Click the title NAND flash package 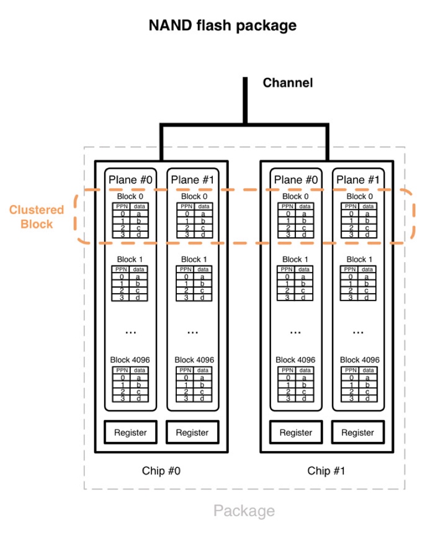point(222,25)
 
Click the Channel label point(288,83)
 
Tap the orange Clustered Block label point(37,217)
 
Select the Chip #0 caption point(161,471)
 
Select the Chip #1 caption point(326,471)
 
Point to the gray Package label point(244,511)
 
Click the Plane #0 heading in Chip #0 point(131,180)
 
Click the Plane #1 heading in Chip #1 point(359,180)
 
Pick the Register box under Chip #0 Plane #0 point(131,432)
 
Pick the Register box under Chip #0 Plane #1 point(193,432)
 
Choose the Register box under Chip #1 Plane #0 point(296,432)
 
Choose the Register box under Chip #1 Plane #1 point(358,432)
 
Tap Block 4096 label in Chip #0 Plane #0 point(131,360)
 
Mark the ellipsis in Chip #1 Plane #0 point(296,331)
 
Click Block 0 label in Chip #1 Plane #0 point(295,196)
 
